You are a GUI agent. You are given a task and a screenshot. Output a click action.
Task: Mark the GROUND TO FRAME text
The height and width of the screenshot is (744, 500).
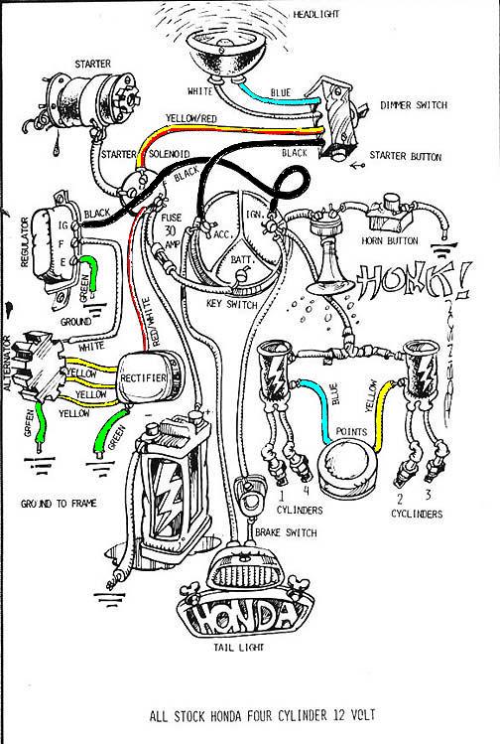57,504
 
